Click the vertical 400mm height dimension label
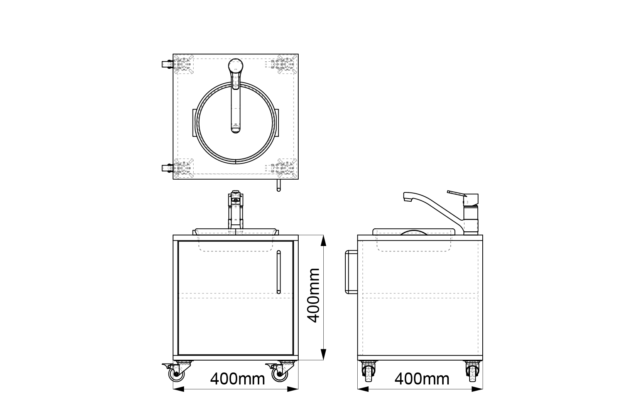pos(313,295)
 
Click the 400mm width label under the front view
pos(237,379)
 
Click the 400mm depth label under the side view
pos(422,379)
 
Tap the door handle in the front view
pos(279,272)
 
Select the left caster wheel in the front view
pos(176,374)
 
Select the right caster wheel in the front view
pos(280,374)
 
